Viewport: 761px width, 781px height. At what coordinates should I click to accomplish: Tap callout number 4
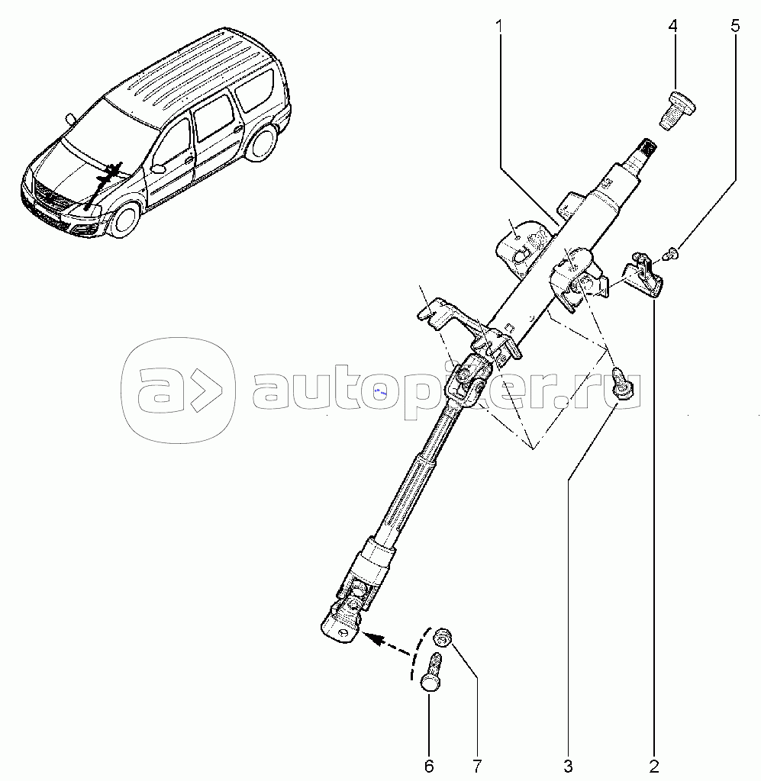[672, 27]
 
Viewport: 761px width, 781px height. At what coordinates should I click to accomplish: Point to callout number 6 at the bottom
[429, 765]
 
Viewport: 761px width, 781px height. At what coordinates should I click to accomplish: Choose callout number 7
[477, 765]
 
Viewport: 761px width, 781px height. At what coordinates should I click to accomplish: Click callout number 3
[568, 765]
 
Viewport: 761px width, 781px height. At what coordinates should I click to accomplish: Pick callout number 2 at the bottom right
[654, 765]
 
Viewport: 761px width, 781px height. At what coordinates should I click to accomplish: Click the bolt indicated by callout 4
[677, 110]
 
